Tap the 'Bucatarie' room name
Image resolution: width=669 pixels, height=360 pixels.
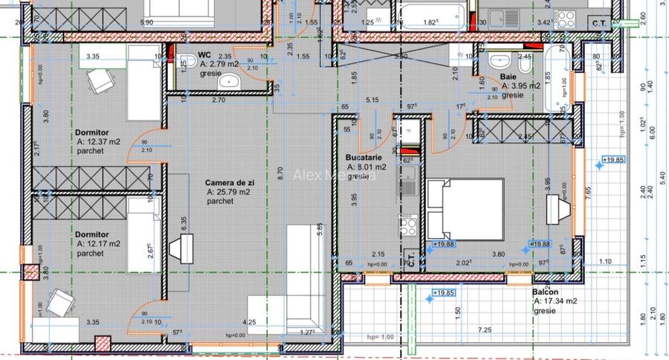click(363, 158)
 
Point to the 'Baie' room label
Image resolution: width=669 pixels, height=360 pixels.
click(508, 77)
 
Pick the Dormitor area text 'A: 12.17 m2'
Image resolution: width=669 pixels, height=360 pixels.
click(99, 244)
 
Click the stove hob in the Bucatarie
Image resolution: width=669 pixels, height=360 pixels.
click(408, 224)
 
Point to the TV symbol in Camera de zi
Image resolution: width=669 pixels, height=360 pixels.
click(178, 248)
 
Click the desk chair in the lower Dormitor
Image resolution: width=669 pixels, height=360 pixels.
click(59, 302)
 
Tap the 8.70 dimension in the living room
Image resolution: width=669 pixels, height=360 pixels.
click(279, 174)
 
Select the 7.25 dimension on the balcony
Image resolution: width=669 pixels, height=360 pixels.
click(485, 330)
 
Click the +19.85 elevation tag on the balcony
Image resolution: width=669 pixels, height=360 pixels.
click(445, 292)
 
